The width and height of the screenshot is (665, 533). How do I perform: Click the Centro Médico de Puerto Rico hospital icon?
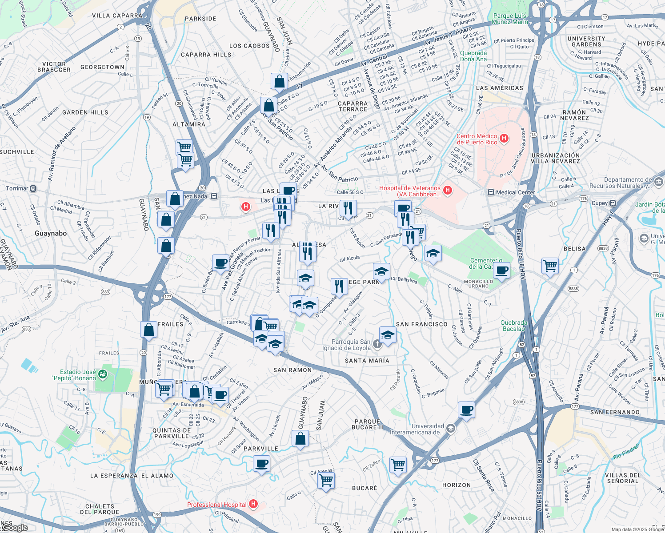[504, 138]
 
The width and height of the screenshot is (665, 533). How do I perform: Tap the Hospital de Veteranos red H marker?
[448, 190]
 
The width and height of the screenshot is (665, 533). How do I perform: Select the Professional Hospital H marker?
[253, 504]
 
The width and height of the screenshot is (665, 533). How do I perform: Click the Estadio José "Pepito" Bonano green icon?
[103, 374]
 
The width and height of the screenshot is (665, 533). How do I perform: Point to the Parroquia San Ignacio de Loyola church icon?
[377, 344]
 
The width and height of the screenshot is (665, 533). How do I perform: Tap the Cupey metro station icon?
[613, 203]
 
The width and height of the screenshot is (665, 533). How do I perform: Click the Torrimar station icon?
[33, 189]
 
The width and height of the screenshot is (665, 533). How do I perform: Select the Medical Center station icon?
[491, 192]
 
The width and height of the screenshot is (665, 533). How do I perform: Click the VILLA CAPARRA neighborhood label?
[117, 16]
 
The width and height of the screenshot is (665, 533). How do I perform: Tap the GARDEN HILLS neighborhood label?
[85, 112]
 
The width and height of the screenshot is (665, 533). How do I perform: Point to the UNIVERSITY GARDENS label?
[586, 41]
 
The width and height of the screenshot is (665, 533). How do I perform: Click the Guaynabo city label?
[51, 233]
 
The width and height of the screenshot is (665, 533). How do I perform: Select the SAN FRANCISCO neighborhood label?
[421, 324]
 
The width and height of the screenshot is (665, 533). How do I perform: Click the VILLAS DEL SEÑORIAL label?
[623, 478]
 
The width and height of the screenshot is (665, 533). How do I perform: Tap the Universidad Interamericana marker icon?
[451, 428]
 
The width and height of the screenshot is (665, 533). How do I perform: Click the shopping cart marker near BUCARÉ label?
[326, 480]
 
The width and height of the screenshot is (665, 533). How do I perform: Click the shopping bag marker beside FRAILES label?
[148, 330]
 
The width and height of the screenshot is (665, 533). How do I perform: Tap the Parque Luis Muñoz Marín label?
[510, 19]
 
